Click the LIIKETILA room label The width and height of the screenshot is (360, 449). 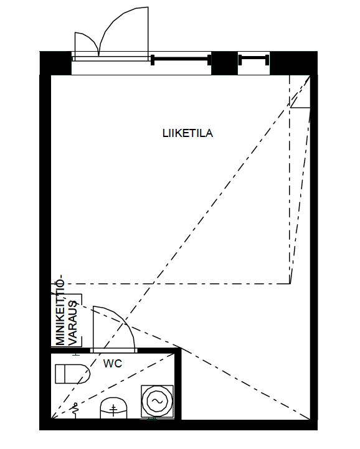click(x=187, y=133)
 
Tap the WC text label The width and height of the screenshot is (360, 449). click(x=113, y=364)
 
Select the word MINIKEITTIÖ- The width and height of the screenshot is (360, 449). click(x=60, y=310)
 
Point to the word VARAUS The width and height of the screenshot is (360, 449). click(x=73, y=323)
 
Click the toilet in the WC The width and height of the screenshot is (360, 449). click(x=72, y=374)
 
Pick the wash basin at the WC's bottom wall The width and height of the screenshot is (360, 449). click(x=113, y=408)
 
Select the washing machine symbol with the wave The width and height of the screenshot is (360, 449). click(x=157, y=401)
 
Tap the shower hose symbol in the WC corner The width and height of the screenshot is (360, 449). click(x=75, y=410)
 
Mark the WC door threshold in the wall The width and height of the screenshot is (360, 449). click(x=114, y=351)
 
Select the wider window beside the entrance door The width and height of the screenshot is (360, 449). click(x=181, y=60)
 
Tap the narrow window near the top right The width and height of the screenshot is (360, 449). click(x=253, y=60)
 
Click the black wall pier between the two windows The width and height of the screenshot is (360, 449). click(x=225, y=63)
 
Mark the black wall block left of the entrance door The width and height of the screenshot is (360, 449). click(x=55, y=63)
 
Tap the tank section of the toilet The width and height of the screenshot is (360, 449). click(x=60, y=374)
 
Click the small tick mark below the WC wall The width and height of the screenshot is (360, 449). click(x=76, y=355)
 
